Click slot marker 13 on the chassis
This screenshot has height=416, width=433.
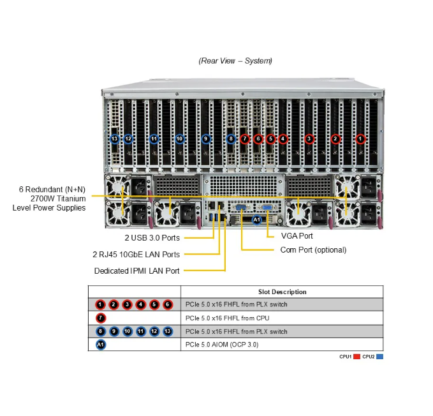[115, 138]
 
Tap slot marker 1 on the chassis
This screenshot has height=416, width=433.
[360, 138]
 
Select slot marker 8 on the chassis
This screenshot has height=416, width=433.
[231, 138]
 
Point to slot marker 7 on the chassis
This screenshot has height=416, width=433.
[245, 138]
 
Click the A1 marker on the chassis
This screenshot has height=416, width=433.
[257, 220]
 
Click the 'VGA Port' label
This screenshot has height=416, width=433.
[297, 236]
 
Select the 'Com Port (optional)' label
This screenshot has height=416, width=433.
[313, 250]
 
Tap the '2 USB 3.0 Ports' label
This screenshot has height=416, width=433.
[152, 238]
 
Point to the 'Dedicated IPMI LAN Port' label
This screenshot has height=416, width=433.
[137, 271]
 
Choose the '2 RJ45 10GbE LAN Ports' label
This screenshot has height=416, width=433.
[136, 255]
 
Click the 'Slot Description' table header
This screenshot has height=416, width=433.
[283, 292]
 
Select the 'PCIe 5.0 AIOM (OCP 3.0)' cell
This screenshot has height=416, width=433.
[222, 345]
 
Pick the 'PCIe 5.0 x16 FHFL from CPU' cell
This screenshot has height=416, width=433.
[227, 318]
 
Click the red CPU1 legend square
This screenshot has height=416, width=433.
[356, 357]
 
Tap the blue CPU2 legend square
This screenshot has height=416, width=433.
[379, 357]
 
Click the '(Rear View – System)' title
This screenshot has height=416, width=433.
[235, 61]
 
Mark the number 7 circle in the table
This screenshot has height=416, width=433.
[101, 318]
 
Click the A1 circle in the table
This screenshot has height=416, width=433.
[101, 345]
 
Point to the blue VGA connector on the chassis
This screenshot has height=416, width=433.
[267, 208]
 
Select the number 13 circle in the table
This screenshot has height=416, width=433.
[168, 332]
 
